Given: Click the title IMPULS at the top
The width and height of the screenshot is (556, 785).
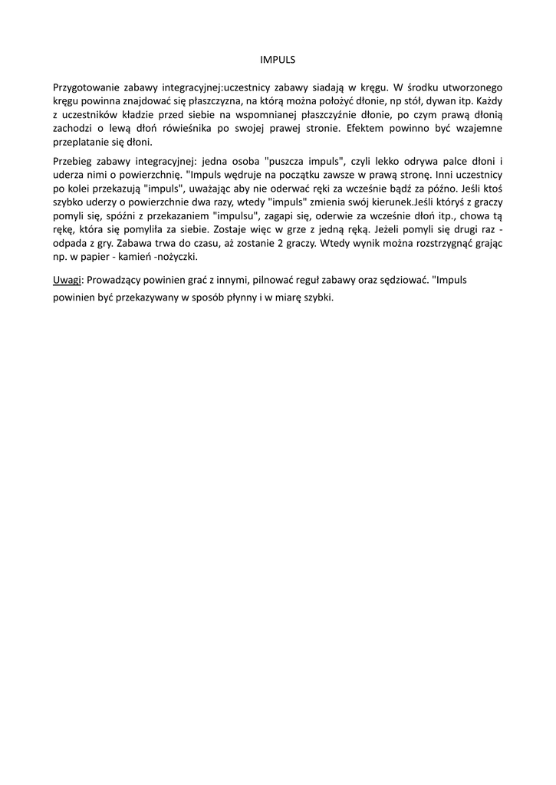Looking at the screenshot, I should (278, 58).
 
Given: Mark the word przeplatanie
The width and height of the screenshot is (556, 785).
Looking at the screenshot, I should (81, 143).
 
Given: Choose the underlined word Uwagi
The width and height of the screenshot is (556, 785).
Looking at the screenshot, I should (67, 280).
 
